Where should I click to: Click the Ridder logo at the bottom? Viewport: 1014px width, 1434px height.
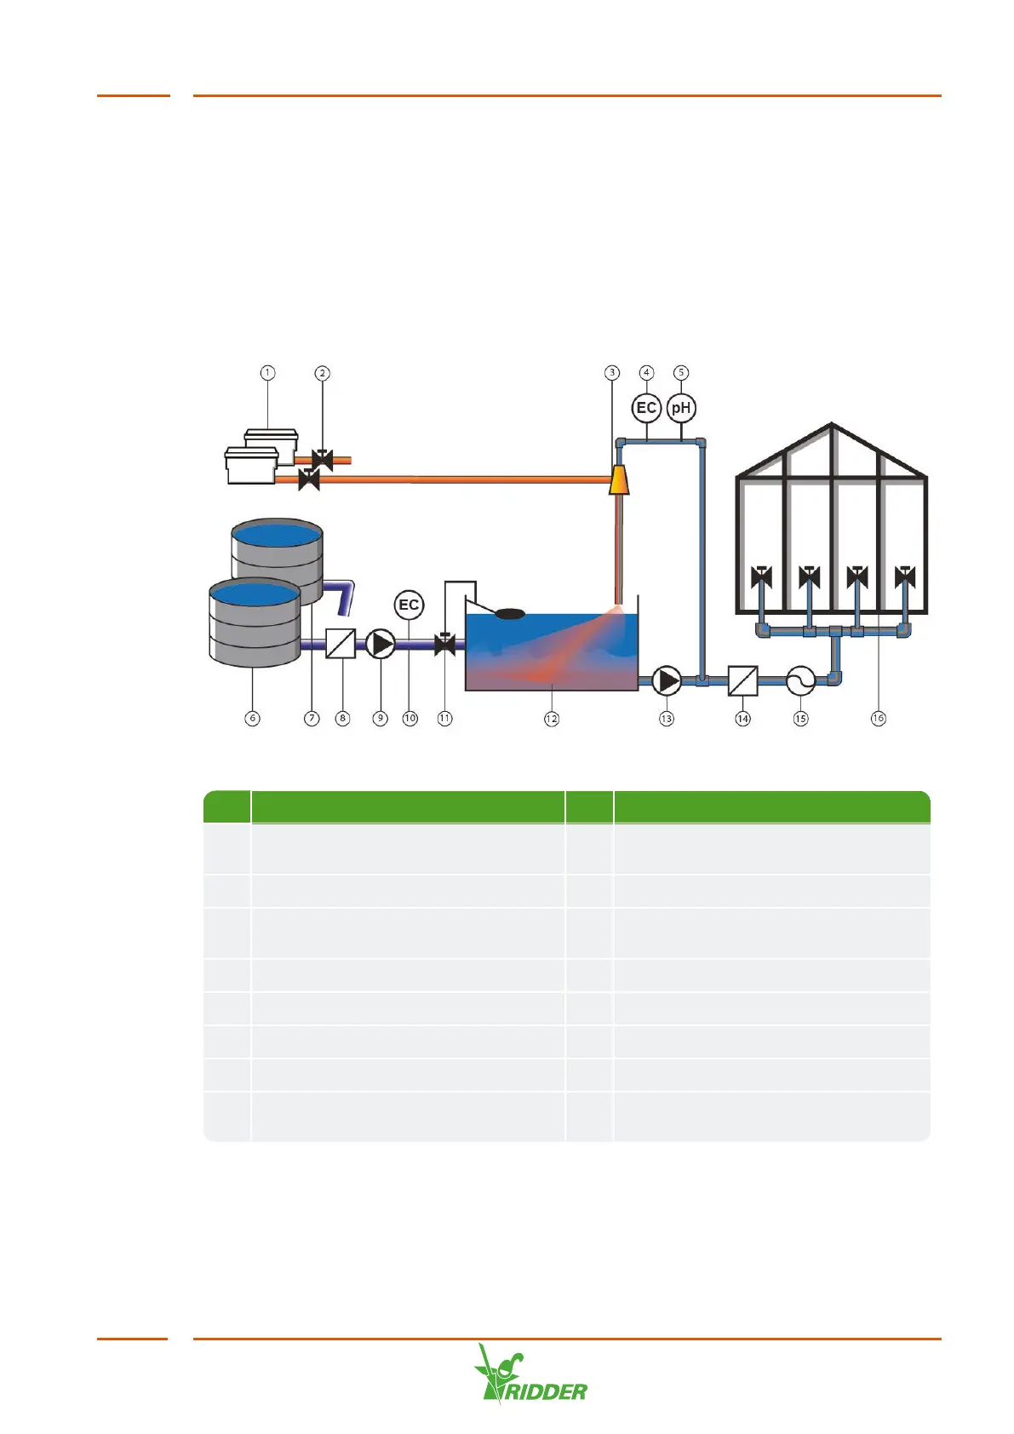[x=530, y=1374]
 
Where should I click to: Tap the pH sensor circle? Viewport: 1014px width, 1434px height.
[x=681, y=408]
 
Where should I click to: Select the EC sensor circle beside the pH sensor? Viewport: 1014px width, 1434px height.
[x=646, y=408]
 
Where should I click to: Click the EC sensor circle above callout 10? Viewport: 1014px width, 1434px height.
[x=410, y=605]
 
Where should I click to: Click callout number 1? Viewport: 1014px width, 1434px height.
[x=268, y=373]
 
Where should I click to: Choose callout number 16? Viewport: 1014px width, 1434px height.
[x=878, y=719]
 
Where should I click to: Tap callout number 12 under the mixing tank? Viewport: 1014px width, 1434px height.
[x=552, y=719]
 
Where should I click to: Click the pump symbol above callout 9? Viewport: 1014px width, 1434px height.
[x=381, y=645]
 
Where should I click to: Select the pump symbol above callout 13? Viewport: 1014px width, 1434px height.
[x=667, y=681]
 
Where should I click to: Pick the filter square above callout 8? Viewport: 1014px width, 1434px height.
[x=341, y=645]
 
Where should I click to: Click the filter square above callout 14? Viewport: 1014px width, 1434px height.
[x=743, y=681]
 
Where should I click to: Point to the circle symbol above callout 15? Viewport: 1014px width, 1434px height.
[x=800, y=680]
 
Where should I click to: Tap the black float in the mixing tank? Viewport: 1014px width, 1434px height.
[x=510, y=613]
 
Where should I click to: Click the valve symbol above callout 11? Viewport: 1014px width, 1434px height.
[x=444, y=644]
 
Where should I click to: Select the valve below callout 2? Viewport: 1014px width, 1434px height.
[x=322, y=460]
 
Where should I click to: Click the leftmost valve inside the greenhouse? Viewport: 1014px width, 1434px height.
[x=761, y=578]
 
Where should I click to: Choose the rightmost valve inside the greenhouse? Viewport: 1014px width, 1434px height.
[x=905, y=578]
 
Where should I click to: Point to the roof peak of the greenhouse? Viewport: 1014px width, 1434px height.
[x=832, y=425]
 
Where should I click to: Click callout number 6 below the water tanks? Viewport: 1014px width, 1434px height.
[x=253, y=719]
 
